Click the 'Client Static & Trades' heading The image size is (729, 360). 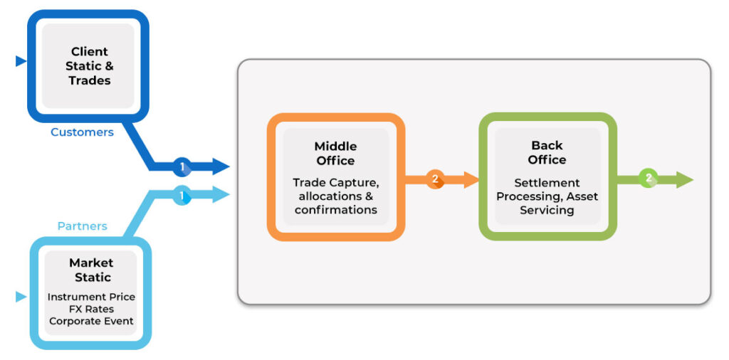click(x=89, y=66)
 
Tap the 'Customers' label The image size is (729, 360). click(x=82, y=132)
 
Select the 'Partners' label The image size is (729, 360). click(x=82, y=226)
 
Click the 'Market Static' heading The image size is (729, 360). click(x=91, y=270)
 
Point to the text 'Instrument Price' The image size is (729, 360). click(x=91, y=297)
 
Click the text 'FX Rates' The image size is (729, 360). click(x=91, y=309)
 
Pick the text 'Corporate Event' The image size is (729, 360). click(x=91, y=321)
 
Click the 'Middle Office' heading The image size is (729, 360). click(x=335, y=153)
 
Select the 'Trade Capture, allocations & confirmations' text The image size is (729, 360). click(x=335, y=196)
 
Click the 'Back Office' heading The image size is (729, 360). click(x=547, y=152)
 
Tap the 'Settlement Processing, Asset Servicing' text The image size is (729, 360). click(x=547, y=196)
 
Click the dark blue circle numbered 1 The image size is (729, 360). click(x=182, y=167)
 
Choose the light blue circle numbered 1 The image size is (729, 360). click(x=182, y=195)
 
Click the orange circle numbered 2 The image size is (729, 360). click(x=435, y=179)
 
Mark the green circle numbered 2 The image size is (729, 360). click(x=647, y=179)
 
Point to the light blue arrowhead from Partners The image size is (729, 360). click(x=221, y=194)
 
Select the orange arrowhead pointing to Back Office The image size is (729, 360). click(x=471, y=180)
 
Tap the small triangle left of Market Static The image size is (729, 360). click(x=21, y=297)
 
